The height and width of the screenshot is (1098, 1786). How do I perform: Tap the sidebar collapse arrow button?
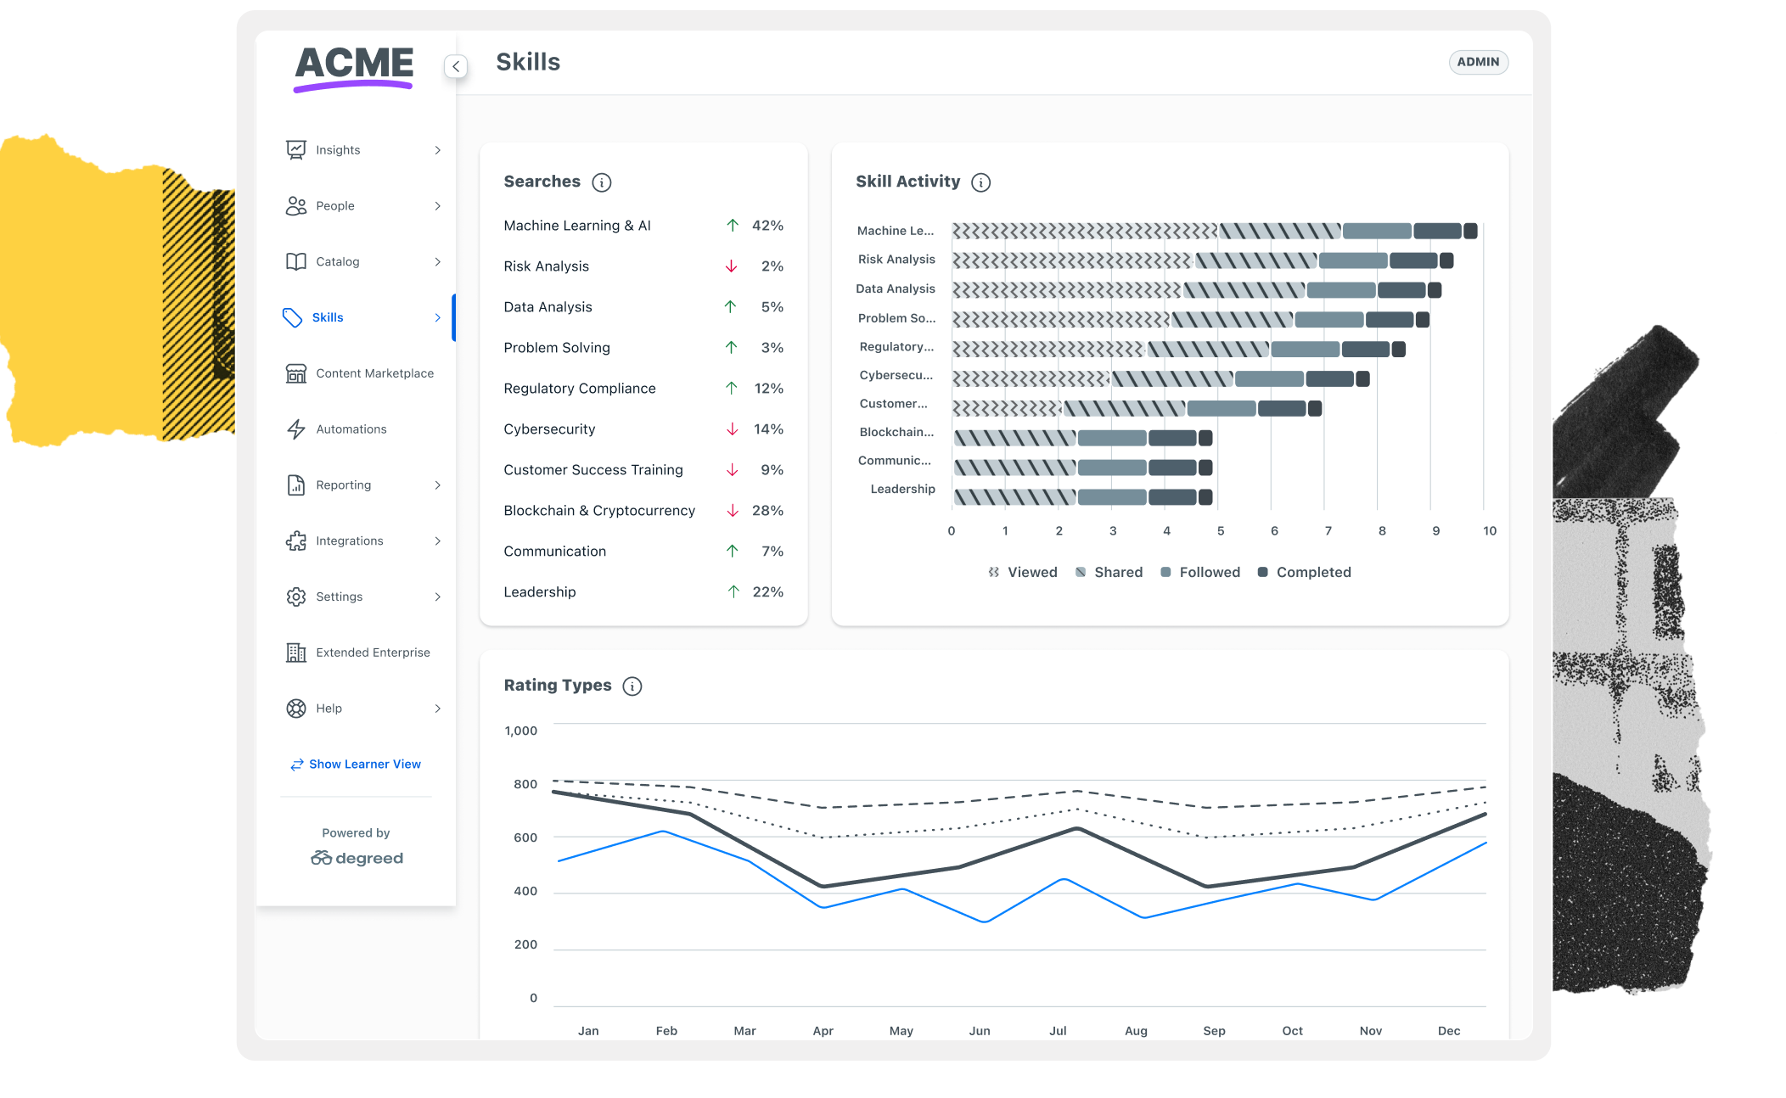tap(456, 66)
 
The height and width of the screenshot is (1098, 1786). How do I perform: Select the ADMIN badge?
tap(1478, 62)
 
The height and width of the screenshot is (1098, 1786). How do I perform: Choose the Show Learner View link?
tap(356, 765)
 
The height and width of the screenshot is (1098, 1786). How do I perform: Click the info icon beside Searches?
tap(602, 182)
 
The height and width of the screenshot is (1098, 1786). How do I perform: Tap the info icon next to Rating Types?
tap(632, 686)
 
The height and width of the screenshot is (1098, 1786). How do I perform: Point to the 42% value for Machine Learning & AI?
tap(767, 226)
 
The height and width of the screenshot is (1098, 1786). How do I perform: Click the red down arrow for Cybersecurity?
tap(732, 429)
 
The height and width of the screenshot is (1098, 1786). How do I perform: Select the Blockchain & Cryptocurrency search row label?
tap(599, 511)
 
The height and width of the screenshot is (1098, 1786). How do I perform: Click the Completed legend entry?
tap(1305, 573)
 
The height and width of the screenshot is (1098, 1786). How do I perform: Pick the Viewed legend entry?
tap(1023, 573)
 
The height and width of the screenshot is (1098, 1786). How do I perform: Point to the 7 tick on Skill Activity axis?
tap(1328, 531)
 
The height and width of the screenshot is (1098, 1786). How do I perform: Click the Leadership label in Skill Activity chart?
tap(902, 490)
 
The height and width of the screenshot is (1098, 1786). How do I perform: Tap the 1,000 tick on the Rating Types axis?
tap(520, 731)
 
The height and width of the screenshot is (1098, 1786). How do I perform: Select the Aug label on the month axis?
tap(1136, 1031)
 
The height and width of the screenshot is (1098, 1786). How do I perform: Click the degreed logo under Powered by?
tap(357, 859)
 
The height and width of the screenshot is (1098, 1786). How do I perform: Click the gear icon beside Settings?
tap(295, 597)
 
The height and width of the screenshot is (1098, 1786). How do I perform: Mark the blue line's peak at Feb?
tap(664, 832)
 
